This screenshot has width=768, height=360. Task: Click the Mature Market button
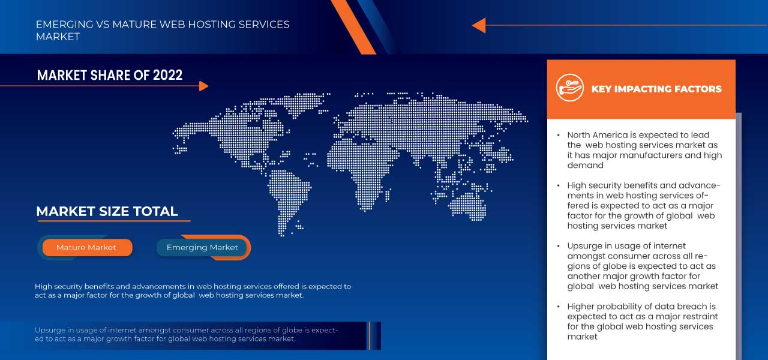pyautogui.click(x=86, y=247)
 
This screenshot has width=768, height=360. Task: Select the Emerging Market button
pyautogui.click(x=202, y=247)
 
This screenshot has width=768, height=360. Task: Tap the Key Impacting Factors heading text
pyautogui.click(x=656, y=89)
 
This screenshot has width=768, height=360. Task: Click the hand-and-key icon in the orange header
pyautogui.click(x=569, y=88)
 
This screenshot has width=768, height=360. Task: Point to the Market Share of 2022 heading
pyautogui.click(x=110, y=75)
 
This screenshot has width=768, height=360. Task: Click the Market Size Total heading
pyautogui.click(x=107, y=211)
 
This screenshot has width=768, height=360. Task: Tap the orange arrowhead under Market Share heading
pyautogui.click(x=203, y=86)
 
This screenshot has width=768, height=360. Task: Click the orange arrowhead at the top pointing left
pyautogui.click(x=479, y=25)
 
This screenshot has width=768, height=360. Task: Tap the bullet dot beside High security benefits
pyautogui.click(x=559, y=186)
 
